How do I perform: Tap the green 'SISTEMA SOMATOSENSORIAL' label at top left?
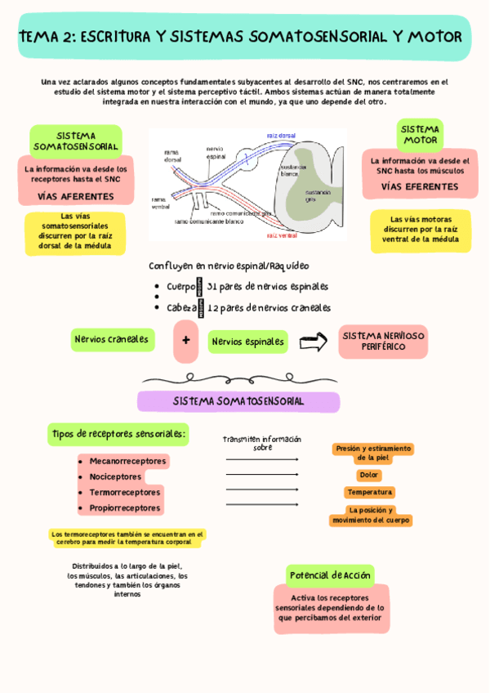pos(76,141)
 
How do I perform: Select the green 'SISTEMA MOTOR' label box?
pos(420,135)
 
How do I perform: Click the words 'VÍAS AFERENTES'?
pos(76,196)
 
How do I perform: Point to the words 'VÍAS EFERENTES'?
pos(420,186)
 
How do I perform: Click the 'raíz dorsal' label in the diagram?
pos(282,135)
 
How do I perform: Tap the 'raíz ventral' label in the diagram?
pos(282,235)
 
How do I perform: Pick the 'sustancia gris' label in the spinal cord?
pos(316,196)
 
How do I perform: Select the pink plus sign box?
pos(185,341)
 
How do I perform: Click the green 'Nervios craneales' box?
pos(112,339)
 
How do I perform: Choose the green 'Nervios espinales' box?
pos(247,342)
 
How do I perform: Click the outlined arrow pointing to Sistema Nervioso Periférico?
pos(313,342)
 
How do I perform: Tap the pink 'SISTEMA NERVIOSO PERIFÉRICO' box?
pos(383,341)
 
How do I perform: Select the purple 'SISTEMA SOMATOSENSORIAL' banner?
pos(238,401)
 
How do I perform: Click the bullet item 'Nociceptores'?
pos(115,476)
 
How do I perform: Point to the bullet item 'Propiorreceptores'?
pos(124,507)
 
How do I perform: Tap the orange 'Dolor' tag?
pos(369,475)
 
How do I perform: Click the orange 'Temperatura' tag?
pos(369,492)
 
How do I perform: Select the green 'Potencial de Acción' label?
pos(330,575)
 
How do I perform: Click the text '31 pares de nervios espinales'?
pos(268,287)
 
